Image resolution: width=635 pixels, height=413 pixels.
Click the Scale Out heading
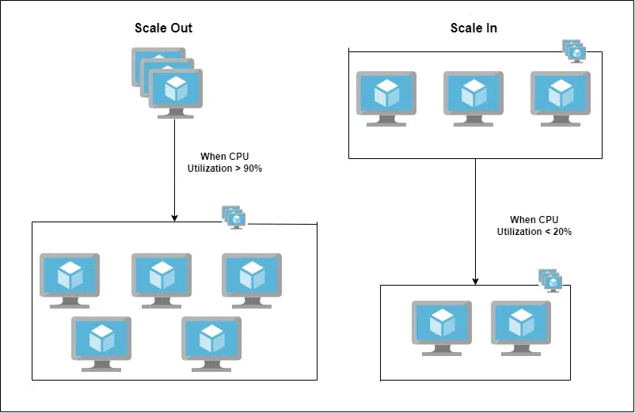click(163, 28)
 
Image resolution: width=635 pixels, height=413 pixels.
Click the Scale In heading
click(473, 28)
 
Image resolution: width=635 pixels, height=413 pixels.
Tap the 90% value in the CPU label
click(253, 169)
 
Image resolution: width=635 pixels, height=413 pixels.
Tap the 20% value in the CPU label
click(562, 231)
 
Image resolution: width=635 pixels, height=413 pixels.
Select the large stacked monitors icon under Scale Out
click(167, 83)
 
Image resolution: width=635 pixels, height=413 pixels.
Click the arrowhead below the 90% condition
click(174, 218)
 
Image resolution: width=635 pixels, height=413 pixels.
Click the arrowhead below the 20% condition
click(475, 282)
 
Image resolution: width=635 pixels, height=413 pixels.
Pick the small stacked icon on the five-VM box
click(234, 218)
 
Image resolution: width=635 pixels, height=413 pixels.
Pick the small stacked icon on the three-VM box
click(574, 51)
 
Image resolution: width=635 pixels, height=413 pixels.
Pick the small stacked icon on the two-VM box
click(550, 281)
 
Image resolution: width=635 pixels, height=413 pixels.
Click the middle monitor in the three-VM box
click(473, 99)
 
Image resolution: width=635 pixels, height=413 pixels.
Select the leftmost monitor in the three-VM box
click(386, 99)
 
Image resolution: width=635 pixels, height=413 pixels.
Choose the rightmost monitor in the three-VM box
click(561, 99)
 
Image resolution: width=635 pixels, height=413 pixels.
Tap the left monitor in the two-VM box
click(442, 328)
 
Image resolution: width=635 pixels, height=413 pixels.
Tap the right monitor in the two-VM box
click(521, 328)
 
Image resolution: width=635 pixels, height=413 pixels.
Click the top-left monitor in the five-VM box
click(70, 281)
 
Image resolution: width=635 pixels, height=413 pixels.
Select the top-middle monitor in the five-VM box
click(162, 281)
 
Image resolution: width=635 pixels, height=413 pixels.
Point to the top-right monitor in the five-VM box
click(252, 281)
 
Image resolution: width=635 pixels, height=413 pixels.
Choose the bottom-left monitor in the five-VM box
click(101, 344)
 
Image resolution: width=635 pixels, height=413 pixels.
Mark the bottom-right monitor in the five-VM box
click(211, 344)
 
